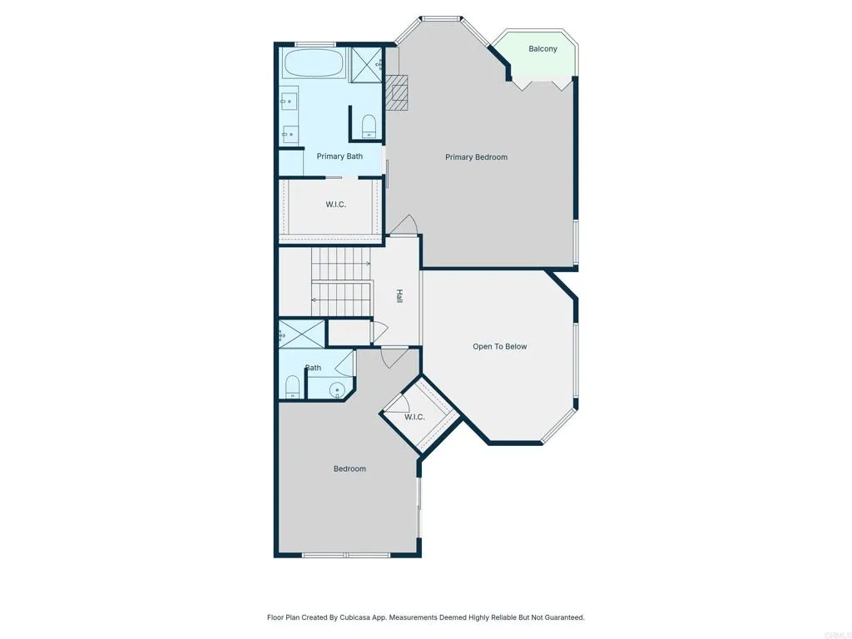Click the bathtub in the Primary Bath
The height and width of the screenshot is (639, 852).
point(315,63)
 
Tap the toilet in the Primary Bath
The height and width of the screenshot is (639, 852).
point(369,126)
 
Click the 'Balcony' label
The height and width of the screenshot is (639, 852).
point(542,49)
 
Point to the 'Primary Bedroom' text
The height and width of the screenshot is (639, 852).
point(476,157)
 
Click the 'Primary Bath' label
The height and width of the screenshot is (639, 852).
point(339,156)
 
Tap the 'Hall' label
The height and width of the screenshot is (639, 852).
point(399,295)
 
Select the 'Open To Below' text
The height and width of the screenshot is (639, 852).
point(499,347)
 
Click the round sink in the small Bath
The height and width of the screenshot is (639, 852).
point(337,389)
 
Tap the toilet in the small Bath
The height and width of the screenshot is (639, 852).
point(292,386)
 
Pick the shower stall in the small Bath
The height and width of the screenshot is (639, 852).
point(300,334)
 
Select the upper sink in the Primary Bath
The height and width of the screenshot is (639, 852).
point(287,102)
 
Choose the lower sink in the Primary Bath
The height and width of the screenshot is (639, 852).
point(289,132)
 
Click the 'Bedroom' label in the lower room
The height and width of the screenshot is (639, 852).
point(349,469)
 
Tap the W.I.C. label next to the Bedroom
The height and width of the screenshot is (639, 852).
point(414,418)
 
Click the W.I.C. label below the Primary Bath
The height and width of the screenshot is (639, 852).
point(335,205)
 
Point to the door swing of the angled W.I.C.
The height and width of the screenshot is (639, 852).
point(398,400)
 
